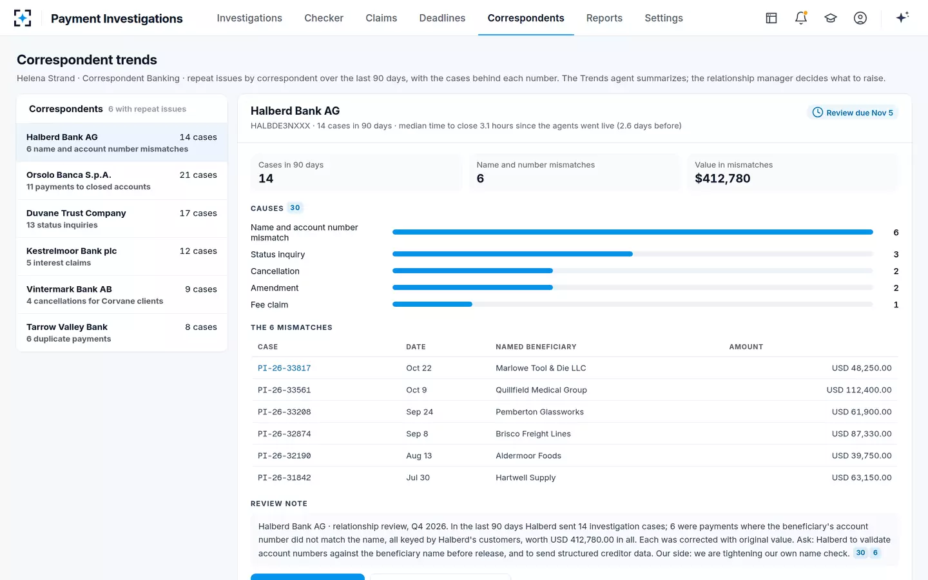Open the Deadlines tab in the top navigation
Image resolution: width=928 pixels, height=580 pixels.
click(442, 18)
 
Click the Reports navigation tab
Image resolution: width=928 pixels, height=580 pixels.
click(604, 18)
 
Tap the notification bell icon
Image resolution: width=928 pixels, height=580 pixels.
click(801, 18)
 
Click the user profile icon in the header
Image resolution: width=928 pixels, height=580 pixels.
click(860, 18)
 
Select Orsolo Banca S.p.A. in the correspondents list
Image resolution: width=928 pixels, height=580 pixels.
click(122, 180)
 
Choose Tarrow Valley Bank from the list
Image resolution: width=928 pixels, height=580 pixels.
click(122, 333)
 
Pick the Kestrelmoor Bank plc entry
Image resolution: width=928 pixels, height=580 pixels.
click(122, 256)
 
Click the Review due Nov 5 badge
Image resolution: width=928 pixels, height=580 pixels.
click(853, 113)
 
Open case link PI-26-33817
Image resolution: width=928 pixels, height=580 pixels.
click(284, 368)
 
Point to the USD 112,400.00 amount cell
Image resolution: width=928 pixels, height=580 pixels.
click(859, 390)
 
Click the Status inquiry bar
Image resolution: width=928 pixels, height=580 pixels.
click(512, 254)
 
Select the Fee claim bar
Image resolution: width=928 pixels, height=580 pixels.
click(432, 304)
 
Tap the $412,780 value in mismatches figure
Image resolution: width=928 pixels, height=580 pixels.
click(722, 179)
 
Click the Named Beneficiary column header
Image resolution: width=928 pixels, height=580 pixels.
click(536, 347)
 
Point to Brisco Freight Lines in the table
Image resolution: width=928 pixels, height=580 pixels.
click(533, 434)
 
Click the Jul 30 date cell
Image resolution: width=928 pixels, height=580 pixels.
click(418, 478)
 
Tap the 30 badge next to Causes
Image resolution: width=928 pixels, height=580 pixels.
click(295, 208)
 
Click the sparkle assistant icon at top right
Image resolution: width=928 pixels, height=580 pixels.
click(902, 17)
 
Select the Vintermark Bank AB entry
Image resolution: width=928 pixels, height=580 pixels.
click(122, 295)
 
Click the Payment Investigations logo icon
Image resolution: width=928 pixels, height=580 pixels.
click(23, 18)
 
